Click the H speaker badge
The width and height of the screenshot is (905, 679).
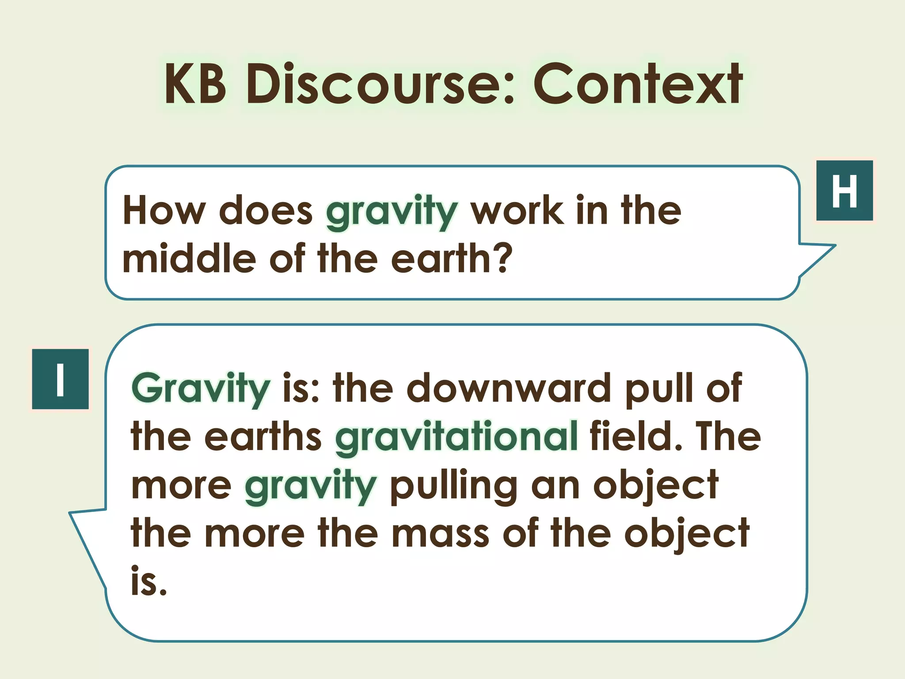[x=844, y=191]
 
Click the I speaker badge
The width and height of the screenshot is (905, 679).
[x=61, y=379]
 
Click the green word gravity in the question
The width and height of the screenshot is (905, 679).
[x=392, y=212]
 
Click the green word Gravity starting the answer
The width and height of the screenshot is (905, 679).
[x=201, y=389]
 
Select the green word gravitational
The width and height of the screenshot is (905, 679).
[x=456, y=438]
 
